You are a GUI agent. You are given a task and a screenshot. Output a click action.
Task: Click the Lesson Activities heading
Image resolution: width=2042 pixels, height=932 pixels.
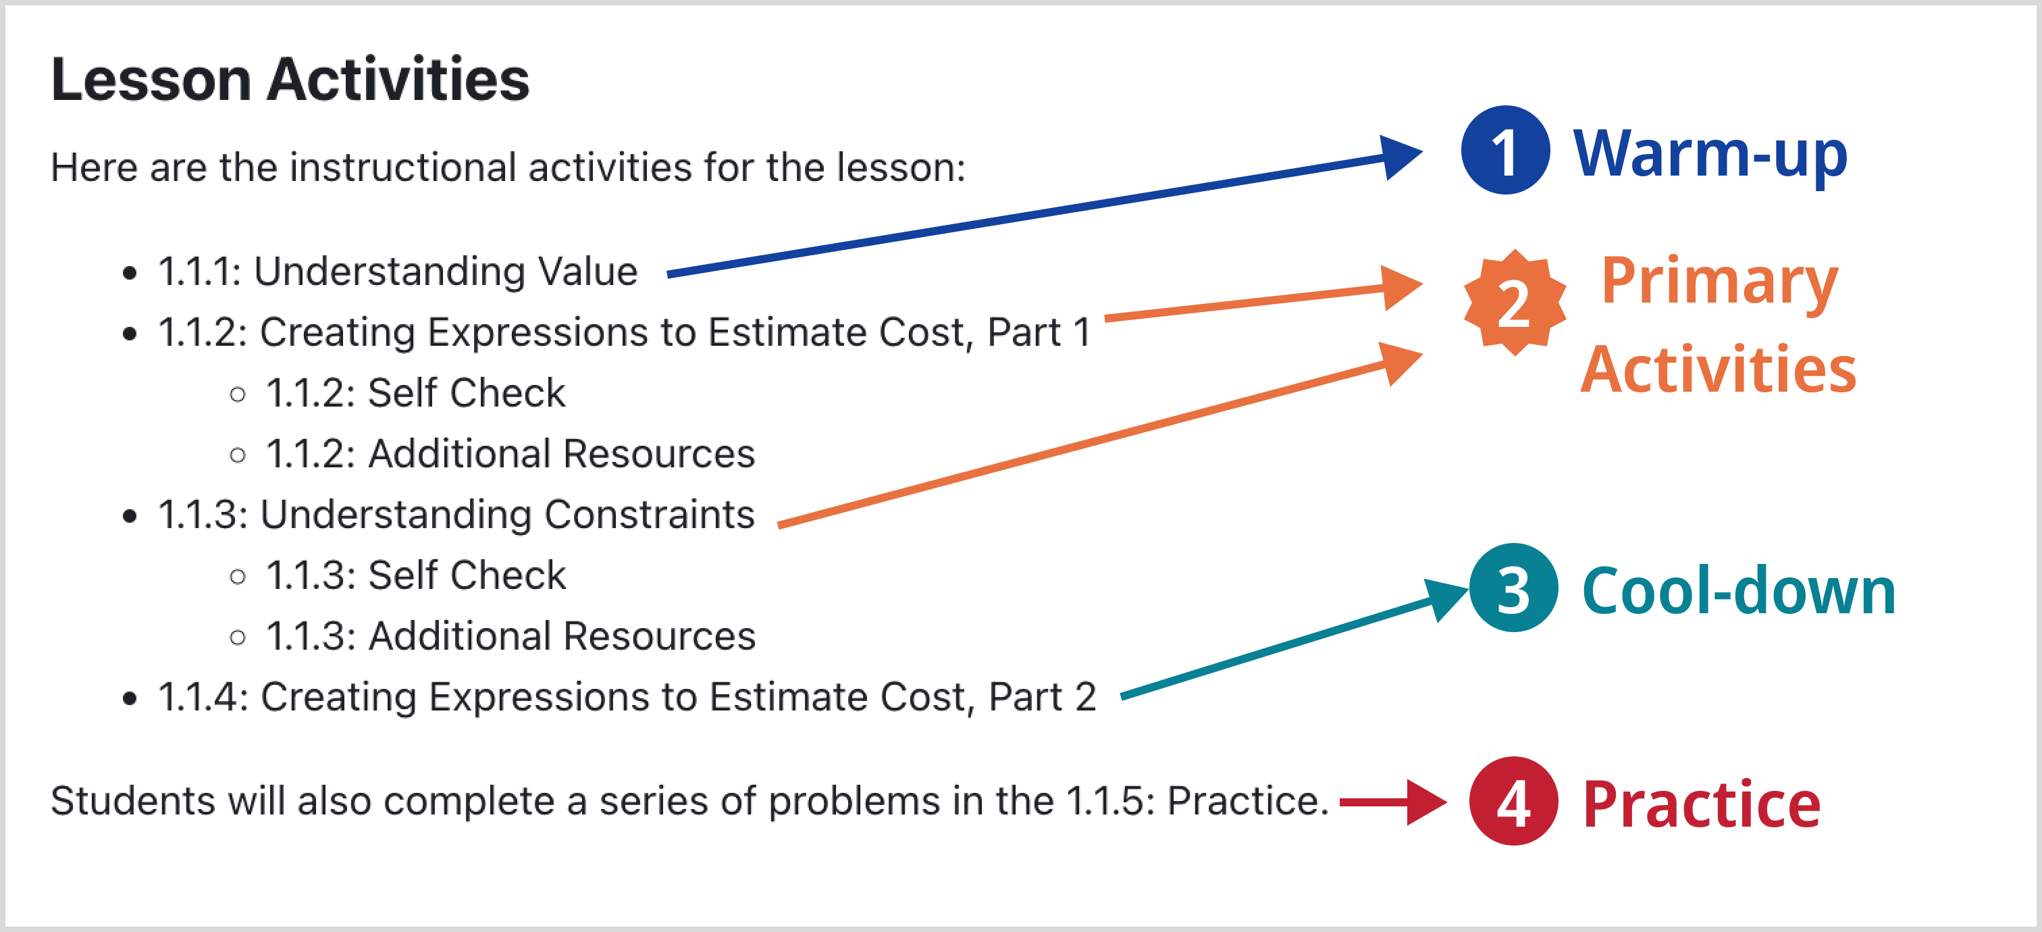pyautogui.click(x=290, y=80)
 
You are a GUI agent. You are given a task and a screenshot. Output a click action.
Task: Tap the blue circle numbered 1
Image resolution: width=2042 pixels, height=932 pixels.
pyautogui.click(x=1505, y=150)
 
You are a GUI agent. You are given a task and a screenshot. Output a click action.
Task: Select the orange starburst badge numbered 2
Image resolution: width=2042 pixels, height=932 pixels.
pyautogui.click(x=1515, y=302)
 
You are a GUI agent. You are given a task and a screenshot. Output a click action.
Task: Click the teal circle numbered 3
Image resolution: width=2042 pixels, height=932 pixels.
pyautogui.click(x=1513, y=588)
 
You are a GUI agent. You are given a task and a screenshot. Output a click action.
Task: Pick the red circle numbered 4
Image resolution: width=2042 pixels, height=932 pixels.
pyautogui.click(x=1513, y=801)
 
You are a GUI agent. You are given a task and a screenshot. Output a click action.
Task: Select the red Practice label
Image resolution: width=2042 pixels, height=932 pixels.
pyautogui.click(x=1701, y=805)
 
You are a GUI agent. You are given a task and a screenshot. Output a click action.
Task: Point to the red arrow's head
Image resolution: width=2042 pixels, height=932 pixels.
pyautogui.click(x=1427, y=802)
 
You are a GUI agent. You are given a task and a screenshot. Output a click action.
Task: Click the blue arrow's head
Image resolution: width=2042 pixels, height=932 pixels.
pyautogui.click(x=1401, y=156)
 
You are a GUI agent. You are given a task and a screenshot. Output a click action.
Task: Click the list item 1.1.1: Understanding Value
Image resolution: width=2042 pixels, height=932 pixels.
pyautogui.click(x=398, y=271)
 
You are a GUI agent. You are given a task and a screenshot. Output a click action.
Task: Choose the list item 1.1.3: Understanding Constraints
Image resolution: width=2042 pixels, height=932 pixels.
pyautogui.click(x=456, y=515)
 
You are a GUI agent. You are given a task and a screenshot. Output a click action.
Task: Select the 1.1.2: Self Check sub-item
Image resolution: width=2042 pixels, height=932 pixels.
pyautogui.click(x=416, y=393)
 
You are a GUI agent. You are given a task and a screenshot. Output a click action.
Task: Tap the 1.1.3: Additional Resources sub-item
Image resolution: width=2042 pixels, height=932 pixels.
pyautogui.click(x=511, y=636)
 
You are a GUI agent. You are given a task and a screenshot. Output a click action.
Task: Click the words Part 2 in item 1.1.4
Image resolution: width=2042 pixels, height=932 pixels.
pyautogui.click(x=1043, y=698)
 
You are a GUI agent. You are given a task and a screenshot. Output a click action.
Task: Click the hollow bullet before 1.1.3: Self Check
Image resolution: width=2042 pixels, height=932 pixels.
pyautogui.click(x=238, y=577)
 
